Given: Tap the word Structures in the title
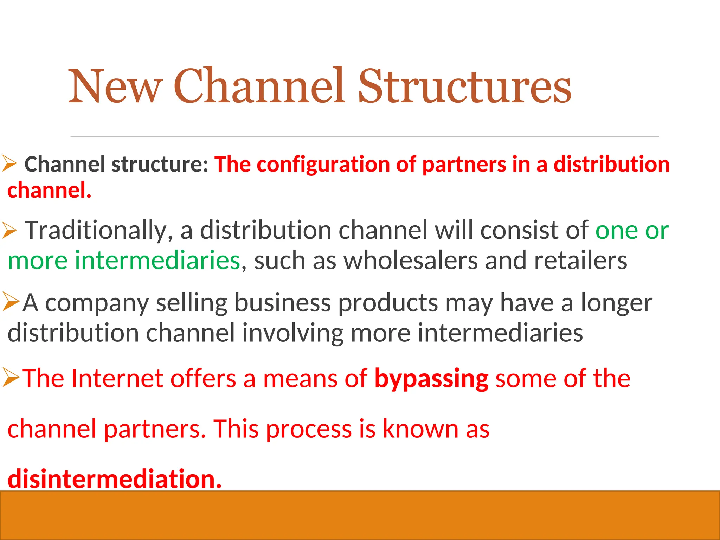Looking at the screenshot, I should pos(464,86).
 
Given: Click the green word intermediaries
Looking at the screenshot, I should pos(157,261).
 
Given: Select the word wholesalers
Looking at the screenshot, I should pos(410,261).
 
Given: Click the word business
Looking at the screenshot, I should pos(282,303).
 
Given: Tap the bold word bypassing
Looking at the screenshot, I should pos(431,379).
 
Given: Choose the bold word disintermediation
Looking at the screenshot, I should pos(115,479).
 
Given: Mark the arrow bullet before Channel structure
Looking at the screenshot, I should pos(9,164).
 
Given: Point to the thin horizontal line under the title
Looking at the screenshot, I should pos(365,137).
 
